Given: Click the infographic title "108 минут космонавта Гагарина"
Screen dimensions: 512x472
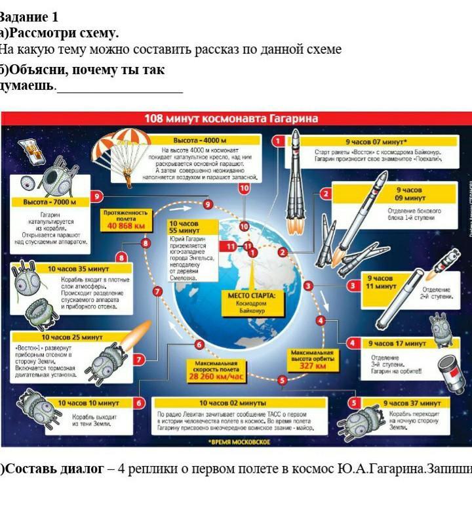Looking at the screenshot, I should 231,119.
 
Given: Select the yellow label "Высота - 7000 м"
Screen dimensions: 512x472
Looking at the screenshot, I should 50,202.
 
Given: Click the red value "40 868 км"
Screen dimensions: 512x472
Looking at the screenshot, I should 125,226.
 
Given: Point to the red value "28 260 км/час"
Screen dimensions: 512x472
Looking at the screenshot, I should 216,377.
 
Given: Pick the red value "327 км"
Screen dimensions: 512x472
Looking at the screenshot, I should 312,366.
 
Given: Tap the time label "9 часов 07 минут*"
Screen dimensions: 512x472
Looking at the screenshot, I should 376,140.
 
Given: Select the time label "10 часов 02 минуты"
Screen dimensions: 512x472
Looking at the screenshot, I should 233,402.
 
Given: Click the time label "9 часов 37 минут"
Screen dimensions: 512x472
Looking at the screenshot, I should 412,402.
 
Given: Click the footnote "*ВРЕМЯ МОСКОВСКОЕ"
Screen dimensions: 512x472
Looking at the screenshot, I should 239,442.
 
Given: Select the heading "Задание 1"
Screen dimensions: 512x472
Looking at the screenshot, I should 29,18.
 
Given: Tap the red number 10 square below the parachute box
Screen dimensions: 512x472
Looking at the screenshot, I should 245,188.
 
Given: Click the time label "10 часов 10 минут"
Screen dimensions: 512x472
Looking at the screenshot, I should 88,402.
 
